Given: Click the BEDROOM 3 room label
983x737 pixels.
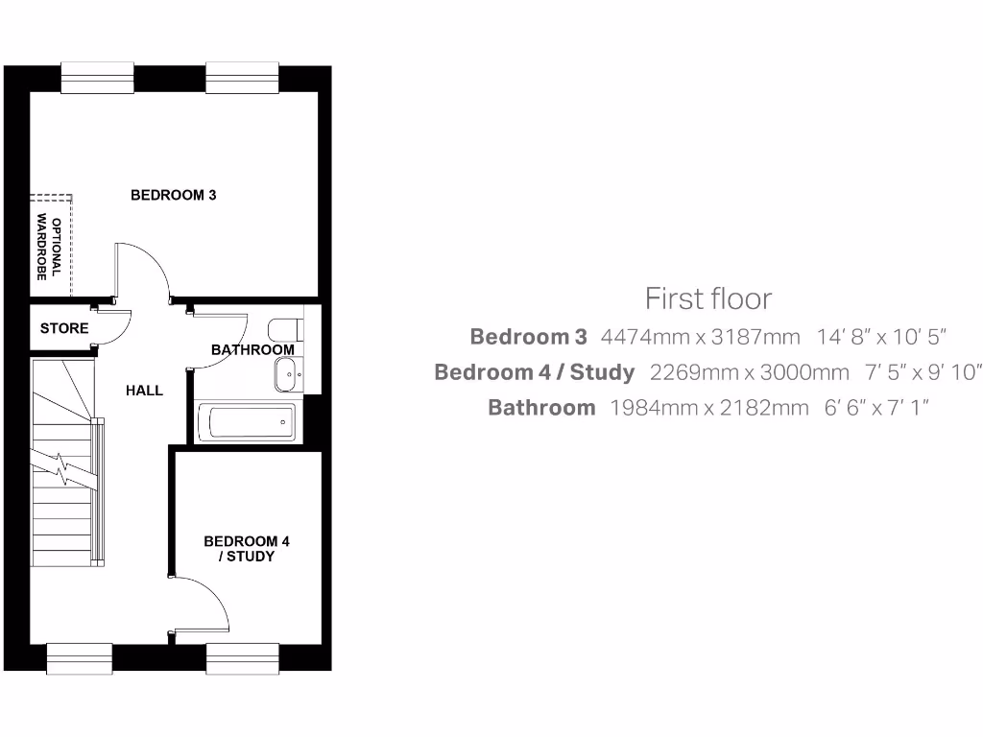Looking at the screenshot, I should click(173, 195).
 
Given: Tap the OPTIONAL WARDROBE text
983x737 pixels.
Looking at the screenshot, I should click(49, 249).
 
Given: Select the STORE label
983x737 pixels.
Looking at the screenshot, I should click(64, 328).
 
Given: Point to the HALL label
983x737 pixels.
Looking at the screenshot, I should click(144, 391).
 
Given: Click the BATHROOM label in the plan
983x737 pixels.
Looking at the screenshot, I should click(252, 350).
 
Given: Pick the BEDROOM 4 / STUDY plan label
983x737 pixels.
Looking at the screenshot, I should click(247, 549).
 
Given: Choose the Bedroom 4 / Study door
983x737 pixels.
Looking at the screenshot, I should click(204, 605).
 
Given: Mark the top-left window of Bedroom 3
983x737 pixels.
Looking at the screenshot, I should click(97, 79).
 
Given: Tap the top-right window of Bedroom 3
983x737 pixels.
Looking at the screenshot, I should click(243, 79).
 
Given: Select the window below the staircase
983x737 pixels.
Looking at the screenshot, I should click(81, 657).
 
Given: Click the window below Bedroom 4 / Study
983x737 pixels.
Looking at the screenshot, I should click(243, 657).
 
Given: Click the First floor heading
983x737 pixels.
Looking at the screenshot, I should click(707, 298).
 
